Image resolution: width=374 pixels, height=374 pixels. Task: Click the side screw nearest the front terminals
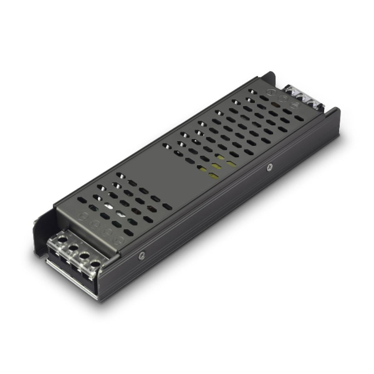(x=142, y=255)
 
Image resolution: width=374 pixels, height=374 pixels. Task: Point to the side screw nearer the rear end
(x=269, y=167)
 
